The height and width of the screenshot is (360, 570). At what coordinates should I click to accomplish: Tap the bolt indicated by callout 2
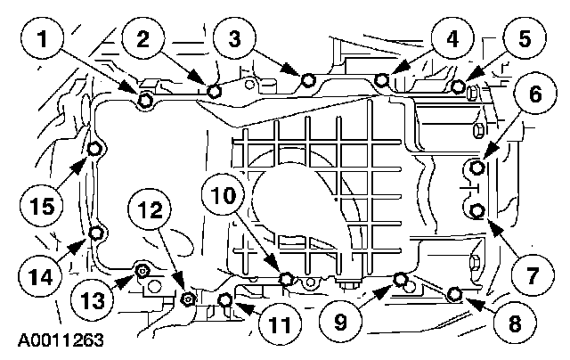click(214, 91)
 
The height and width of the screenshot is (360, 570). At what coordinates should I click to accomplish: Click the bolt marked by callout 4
click(381, 81)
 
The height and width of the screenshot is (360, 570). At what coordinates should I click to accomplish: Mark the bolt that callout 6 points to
click(478, 167)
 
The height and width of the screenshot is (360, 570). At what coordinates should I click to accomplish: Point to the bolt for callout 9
click(400, 280)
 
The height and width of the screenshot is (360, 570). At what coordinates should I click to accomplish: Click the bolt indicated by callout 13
click(141, 269)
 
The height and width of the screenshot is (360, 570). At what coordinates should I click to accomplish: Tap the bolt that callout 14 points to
click(95, 235)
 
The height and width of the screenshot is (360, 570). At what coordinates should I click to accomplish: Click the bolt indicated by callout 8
click(455, 292)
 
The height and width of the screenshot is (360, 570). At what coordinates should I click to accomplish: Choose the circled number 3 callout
click(234, 41)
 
